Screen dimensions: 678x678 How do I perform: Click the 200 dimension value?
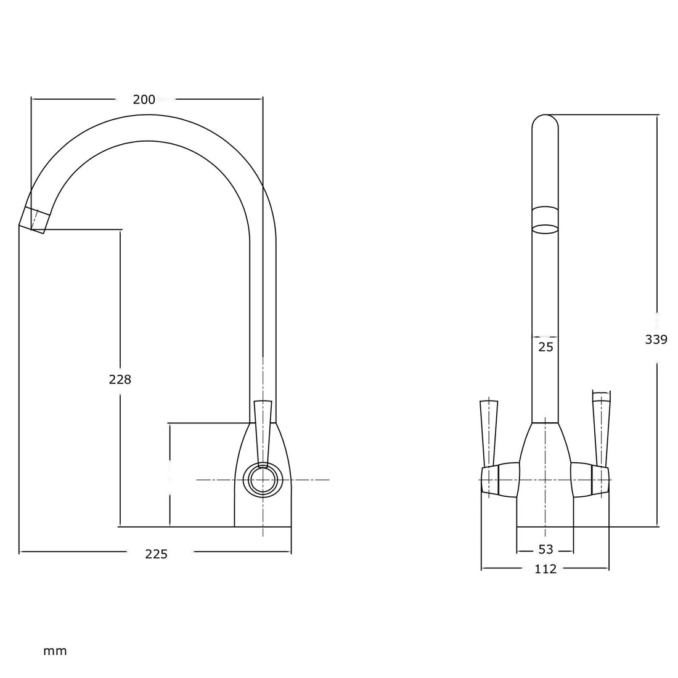144,99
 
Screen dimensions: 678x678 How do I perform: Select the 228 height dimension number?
120,380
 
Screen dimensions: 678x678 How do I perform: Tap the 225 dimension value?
156,554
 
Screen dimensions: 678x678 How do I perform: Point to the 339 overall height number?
656,339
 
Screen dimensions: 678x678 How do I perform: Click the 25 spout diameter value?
545,347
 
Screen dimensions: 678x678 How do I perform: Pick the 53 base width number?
545,549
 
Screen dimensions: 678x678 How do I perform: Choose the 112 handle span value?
545,569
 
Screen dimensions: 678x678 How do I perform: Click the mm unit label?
55,651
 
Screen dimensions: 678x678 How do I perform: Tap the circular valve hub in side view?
263,479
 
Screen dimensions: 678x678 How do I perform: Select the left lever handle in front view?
488,431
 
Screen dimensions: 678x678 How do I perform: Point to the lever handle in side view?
263,431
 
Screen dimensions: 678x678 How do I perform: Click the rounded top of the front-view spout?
545,123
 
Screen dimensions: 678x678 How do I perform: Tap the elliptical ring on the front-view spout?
545,229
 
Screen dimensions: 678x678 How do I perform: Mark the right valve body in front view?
590,479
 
